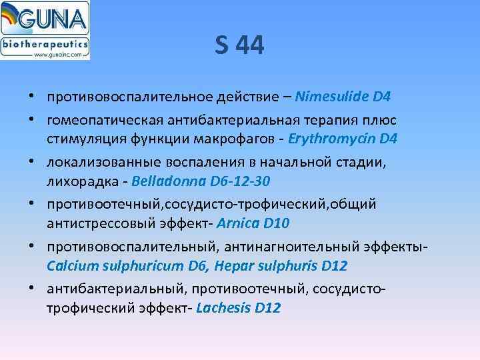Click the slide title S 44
(240, 47)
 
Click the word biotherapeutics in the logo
(45, 45)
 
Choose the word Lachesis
(223, 307)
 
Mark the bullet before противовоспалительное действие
(32, 98)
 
